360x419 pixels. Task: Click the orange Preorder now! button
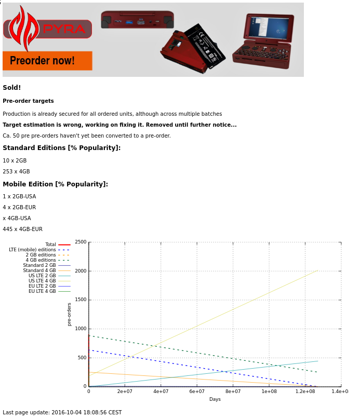[47, 61]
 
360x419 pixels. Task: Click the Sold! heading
[12, 88]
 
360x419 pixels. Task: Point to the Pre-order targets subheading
[28, 101]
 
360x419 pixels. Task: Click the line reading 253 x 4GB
[16, 172]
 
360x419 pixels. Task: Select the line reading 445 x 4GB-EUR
[22, 229]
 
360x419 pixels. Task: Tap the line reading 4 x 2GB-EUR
[19, 208]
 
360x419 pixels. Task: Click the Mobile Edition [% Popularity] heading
[55, 184]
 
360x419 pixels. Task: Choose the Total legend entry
[50, 245]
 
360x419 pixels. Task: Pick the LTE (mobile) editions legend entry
[32, 250]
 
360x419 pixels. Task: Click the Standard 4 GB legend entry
[39, 271]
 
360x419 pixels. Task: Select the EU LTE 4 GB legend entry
[42, 291]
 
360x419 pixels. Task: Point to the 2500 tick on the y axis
[80, 242]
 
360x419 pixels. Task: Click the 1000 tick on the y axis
[80, 329]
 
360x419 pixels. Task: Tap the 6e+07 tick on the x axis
[196, 391]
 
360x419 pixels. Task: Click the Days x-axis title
[215, 399]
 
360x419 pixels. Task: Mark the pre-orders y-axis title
[70, 314]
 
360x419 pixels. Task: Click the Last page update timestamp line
[62, 413]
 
